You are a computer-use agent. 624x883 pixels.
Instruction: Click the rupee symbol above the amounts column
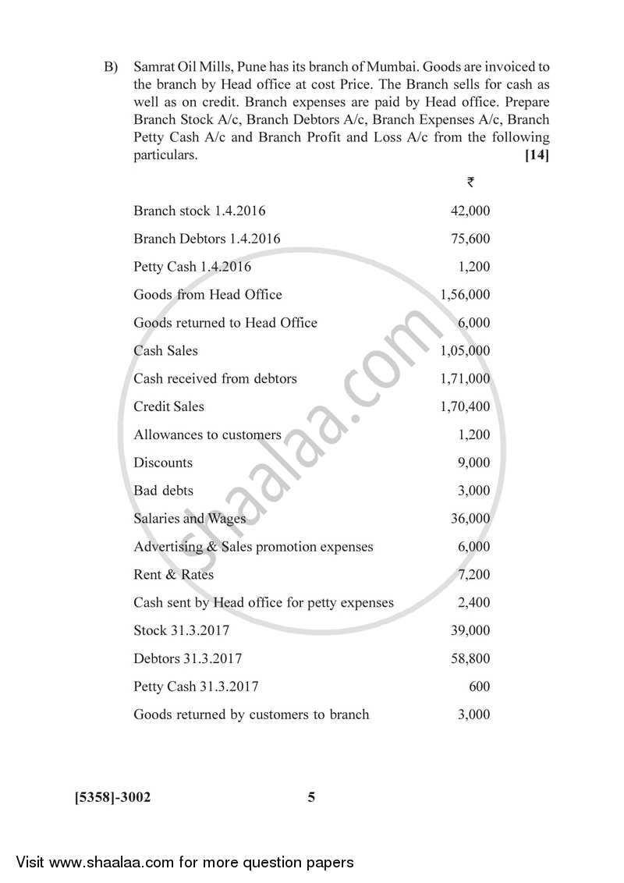470,182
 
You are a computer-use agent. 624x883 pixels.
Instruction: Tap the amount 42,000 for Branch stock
470,211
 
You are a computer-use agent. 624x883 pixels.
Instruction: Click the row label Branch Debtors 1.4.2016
207,239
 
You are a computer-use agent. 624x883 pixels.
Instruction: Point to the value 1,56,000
465,295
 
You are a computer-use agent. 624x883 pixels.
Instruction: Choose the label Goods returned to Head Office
225,323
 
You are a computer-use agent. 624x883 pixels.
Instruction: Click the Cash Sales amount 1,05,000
465,351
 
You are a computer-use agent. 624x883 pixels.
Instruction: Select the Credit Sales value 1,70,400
465,406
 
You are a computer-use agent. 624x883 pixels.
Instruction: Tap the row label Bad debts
163,491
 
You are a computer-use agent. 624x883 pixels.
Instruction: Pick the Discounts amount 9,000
473,463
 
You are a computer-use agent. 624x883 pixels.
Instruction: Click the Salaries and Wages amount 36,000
470,519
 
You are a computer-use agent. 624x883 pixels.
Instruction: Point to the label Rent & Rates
173,575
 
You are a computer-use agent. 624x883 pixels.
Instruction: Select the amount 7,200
473,575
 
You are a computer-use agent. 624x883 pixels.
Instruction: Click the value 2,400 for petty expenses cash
473,603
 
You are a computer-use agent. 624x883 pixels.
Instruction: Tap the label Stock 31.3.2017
181,630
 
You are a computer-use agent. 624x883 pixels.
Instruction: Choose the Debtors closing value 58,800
470,659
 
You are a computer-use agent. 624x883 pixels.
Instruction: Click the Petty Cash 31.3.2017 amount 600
479,687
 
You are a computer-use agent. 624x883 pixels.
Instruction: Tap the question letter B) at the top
111,67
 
